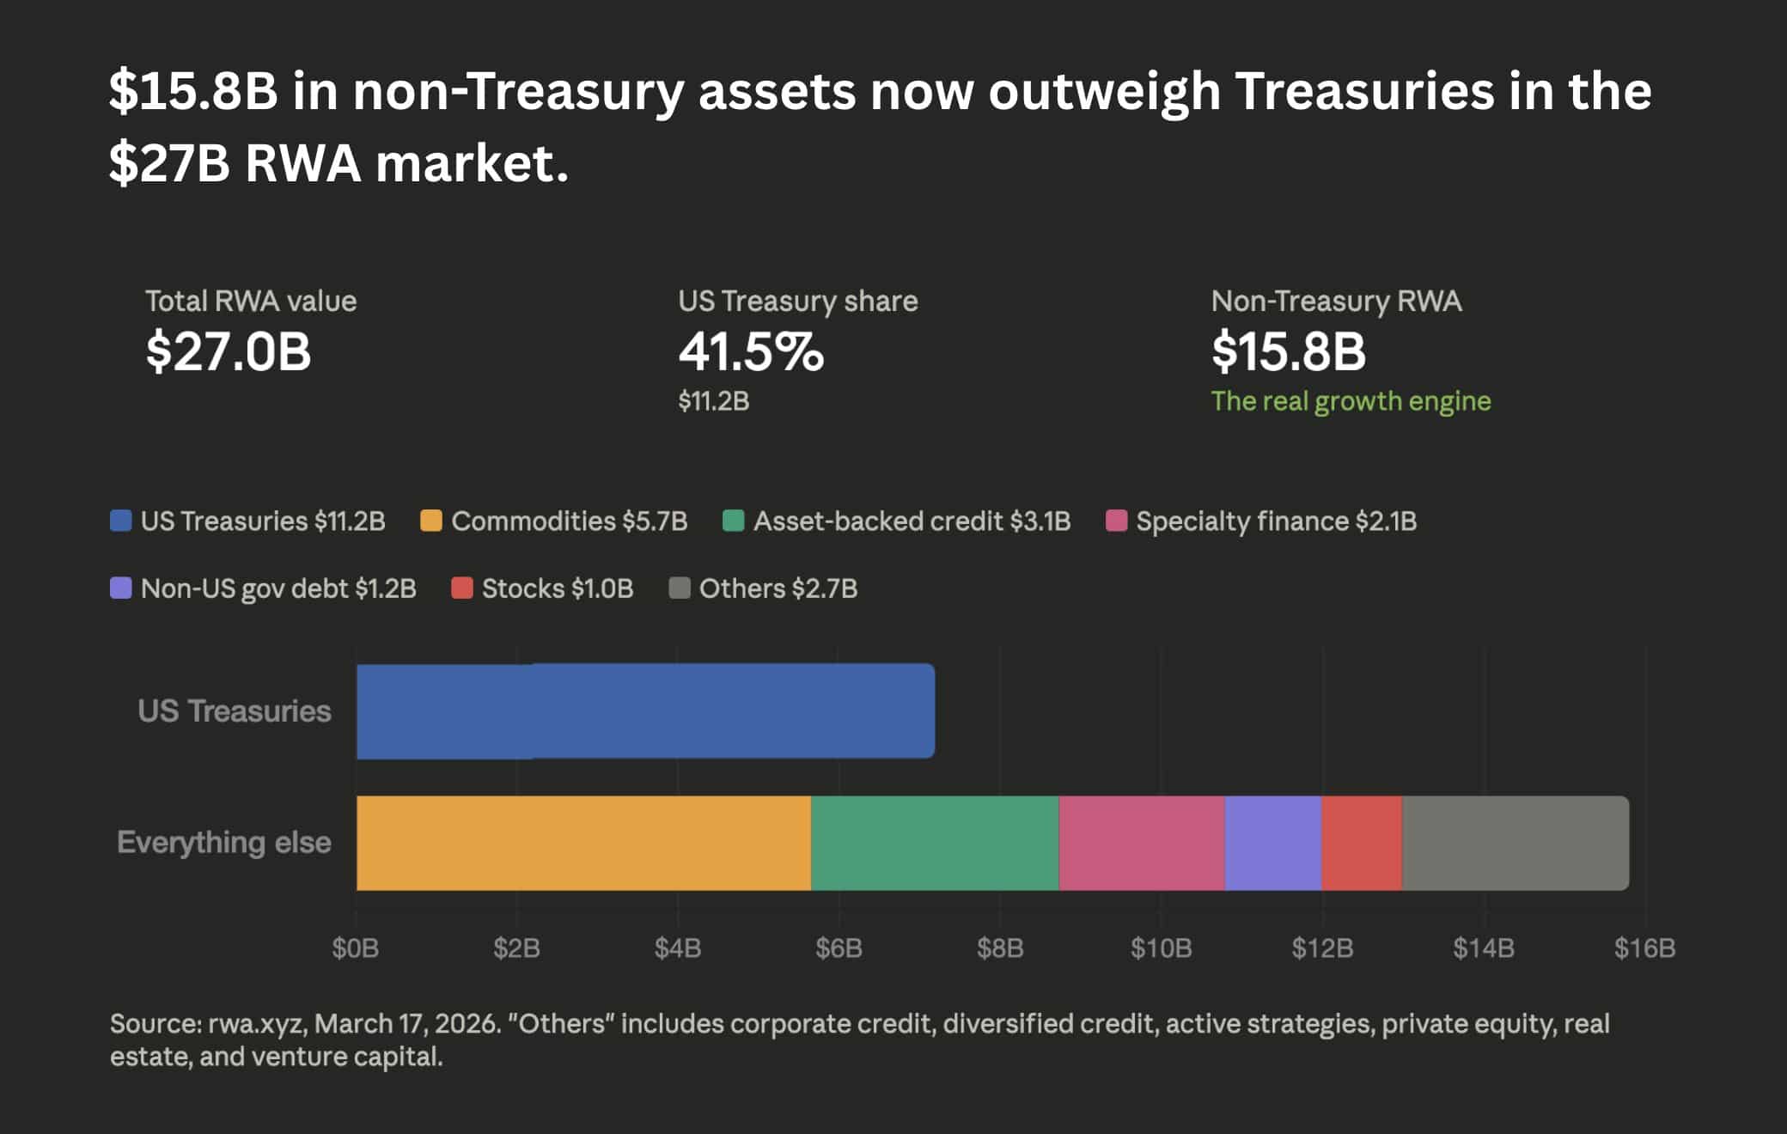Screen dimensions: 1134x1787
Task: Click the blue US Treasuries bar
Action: click(x=644, y=710)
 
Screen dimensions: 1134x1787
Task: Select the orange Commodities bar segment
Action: click(x=583, y=843)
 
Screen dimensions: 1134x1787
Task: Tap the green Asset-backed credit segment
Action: click(x=935, y=843)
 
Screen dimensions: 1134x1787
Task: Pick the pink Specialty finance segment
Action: click(x=1142, y=843)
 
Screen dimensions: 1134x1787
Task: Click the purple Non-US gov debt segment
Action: click(x=1273, y=843)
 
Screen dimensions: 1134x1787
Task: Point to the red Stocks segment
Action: click(x=1362, y=843)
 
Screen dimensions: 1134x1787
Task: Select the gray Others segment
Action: click(x=1515, y=843)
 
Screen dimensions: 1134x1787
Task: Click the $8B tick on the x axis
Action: click(x=1000, y=948)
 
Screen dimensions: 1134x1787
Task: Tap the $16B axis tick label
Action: click(x=1644, y=948)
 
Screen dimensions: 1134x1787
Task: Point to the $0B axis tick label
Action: click(x=356, y=948)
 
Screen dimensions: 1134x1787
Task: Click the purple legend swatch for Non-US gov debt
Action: click(x=121, y=588)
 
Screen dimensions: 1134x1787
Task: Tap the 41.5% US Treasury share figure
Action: click(x=751, y=352)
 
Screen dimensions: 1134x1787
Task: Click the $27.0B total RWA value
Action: click(x=229, y=352)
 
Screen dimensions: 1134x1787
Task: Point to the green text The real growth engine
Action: click(x=1351, y=401)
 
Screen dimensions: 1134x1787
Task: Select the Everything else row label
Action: click(x=224, y=843)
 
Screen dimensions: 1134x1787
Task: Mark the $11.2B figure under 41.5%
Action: click(x=713, y=401)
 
